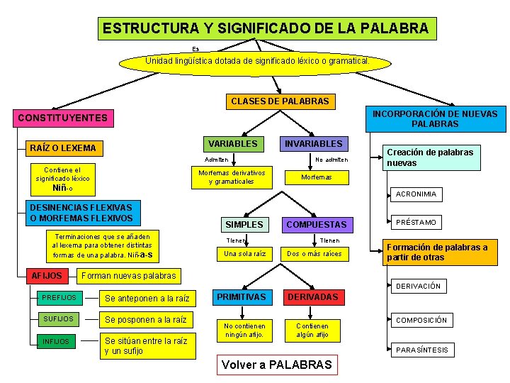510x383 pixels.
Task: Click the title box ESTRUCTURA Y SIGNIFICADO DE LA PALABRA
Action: point(266,28)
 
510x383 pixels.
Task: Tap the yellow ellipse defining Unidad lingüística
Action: point(256,62)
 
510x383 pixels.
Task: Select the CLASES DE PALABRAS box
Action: point(280,101)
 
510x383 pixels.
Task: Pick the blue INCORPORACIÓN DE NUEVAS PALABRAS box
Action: point(435,119)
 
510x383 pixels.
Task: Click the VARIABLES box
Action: point(232,143)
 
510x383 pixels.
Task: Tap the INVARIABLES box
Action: point(312,143)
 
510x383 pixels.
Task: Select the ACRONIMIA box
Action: point(416,194)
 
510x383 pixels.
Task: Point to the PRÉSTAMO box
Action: point(416,222)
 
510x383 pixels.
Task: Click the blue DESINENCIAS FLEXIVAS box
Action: point(81,213)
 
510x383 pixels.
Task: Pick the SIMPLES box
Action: point(244,224)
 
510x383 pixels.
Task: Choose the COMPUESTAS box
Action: point(316,224)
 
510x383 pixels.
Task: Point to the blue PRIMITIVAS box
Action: point(241,296)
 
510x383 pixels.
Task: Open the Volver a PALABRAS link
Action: point(276,365)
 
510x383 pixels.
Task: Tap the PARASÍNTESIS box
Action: point(421,350)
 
